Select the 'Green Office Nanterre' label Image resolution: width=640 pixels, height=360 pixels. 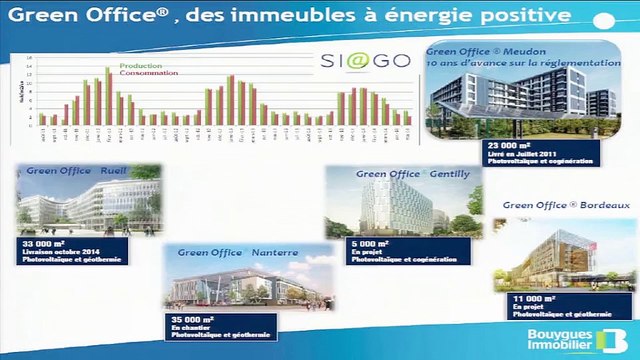tap(238, 253)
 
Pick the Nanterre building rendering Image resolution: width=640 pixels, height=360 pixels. tap(237, 285)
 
